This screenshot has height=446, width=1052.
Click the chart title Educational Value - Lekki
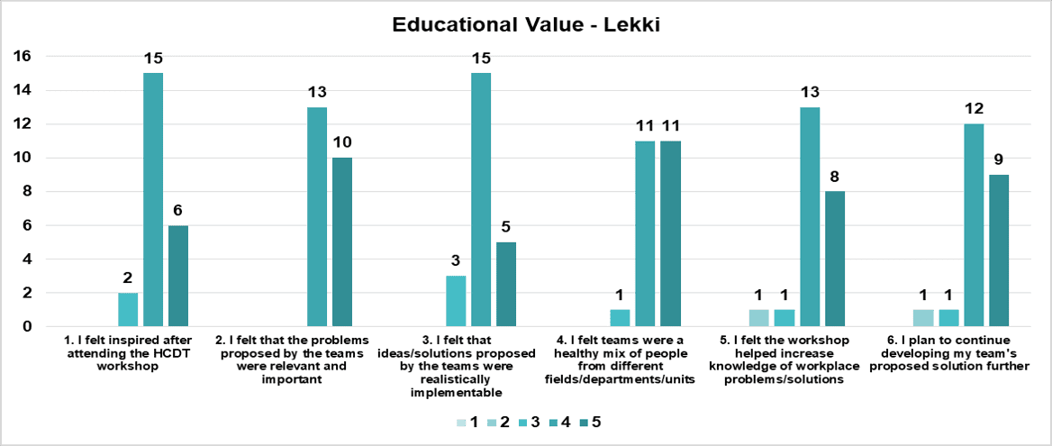526,24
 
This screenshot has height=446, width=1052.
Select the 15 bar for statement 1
153,199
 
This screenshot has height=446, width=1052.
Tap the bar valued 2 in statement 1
128,309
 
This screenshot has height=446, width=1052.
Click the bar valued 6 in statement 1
178,276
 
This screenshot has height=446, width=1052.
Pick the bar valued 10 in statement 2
342,241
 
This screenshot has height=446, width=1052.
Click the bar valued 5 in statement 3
506,284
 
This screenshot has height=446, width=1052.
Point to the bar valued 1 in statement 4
619,318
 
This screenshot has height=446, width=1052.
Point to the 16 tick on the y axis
21,57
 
